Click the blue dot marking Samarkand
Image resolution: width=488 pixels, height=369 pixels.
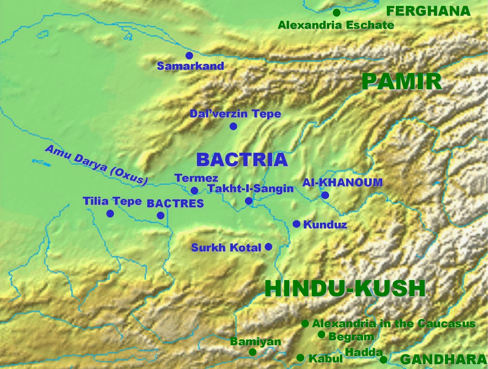[x=189, y=55]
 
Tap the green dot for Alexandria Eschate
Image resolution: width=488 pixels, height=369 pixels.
[x=336, y=13]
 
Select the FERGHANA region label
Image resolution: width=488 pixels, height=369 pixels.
[x=428, y=11]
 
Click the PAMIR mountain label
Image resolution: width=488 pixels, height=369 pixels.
[x=402, y=82]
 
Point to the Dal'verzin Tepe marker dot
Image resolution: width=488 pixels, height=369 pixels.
[x=233, y=126]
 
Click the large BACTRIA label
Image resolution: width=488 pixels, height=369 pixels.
[x=242, y=160]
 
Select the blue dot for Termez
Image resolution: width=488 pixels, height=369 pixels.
[x=194, y=191]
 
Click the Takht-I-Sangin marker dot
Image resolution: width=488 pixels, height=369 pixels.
[x=249, y=201]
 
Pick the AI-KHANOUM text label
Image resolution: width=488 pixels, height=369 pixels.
[x=342, y=183]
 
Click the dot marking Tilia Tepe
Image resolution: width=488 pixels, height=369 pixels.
[x=110, y=214]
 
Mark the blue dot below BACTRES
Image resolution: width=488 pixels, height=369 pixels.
[x=160, y=215]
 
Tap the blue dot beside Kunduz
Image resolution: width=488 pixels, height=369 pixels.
[x=296, y=224]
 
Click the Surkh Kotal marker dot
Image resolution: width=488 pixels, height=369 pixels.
[x=268, y=247]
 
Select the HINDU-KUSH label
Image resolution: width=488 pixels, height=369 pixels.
[x=345, y=288]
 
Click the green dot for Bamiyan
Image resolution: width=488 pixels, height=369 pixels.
[x=252, y=352]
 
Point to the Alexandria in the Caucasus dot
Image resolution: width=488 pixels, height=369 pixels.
[x=305, y=324]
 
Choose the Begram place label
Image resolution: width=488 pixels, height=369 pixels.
[x=351, y=337]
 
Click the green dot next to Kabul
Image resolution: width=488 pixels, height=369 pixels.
[x=300, y=358]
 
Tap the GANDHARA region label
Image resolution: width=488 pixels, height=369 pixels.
[x=443, y=360]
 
